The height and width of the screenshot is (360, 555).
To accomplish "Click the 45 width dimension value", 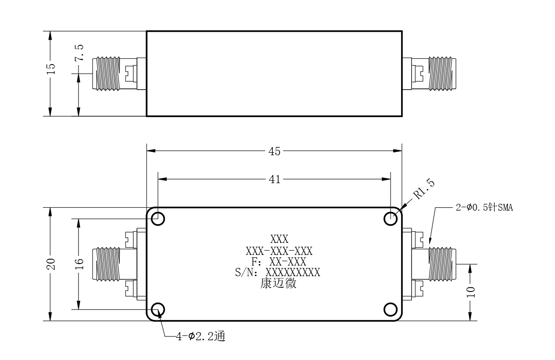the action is pos(274,151).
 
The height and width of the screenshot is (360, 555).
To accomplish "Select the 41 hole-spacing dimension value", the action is pos(274,180).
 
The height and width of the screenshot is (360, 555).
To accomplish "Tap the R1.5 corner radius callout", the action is pos(424,189).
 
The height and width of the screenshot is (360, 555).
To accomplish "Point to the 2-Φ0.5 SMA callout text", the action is pos(484,207).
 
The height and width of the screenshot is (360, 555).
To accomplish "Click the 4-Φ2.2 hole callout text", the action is pos(201,336).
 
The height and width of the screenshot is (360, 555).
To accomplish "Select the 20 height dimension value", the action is pos(51,264).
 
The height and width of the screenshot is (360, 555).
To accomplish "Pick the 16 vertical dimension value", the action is pos(79,264).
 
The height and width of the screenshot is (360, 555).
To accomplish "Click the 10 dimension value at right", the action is pos(471,292).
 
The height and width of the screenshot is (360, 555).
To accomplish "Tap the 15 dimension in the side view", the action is pos(51,68).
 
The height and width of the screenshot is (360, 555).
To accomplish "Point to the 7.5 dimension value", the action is pos(79,53).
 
